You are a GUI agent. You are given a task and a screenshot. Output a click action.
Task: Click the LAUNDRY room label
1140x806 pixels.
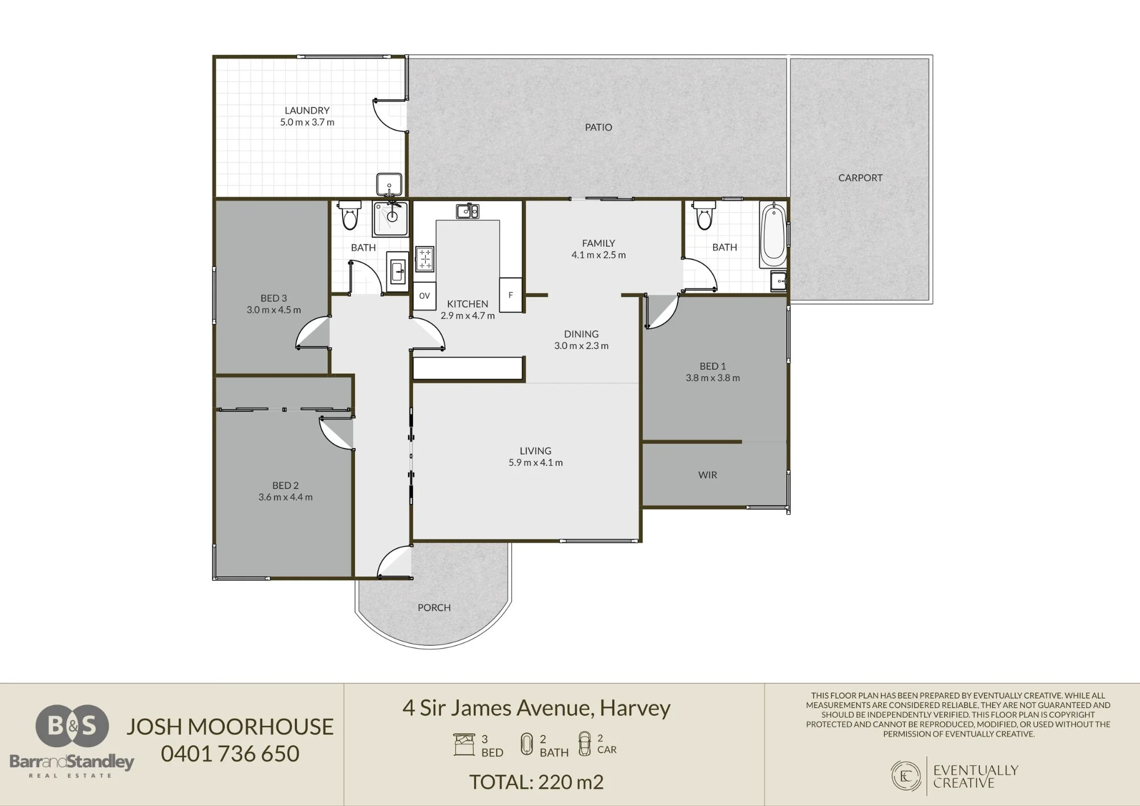click(307, 111)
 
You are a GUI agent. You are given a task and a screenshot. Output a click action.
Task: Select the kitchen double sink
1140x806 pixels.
click(467, 211)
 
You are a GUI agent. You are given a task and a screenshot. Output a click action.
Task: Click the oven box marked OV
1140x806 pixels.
click(424, 296)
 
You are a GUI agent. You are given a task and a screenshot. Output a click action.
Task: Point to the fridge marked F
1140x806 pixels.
click(511, 295)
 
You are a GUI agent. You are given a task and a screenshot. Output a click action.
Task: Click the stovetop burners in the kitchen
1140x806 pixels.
click(425, 258)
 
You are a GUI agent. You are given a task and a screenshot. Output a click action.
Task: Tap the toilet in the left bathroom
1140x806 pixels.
click(349, 215)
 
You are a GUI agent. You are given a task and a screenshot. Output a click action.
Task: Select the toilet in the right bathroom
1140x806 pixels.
click(704, 215)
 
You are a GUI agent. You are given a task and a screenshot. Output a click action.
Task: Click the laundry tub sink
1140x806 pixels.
click(389, 185)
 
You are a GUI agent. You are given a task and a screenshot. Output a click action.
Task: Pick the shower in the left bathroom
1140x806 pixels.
click(390, 218)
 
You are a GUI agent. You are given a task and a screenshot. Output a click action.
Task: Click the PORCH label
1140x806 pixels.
click(434, 608)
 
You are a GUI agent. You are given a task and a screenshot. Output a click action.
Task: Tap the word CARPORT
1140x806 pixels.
click(860, 178)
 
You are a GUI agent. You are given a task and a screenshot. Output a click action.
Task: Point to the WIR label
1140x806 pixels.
click(707, 475)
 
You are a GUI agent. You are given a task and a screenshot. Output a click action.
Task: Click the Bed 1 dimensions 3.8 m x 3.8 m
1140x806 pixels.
click(712, 378)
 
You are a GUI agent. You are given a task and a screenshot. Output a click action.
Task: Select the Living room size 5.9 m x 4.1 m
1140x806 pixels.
click(536, 463)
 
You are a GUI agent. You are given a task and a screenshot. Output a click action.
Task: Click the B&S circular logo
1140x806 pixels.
click(72, 726)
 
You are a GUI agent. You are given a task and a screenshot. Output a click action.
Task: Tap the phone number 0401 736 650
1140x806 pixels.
click(230, 754)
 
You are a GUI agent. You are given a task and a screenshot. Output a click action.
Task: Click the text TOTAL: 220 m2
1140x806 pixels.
click(536, 782)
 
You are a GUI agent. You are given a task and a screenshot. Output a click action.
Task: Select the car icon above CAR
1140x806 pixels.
click(584, 744)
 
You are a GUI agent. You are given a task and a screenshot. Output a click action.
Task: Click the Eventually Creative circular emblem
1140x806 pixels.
click(906, 776)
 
